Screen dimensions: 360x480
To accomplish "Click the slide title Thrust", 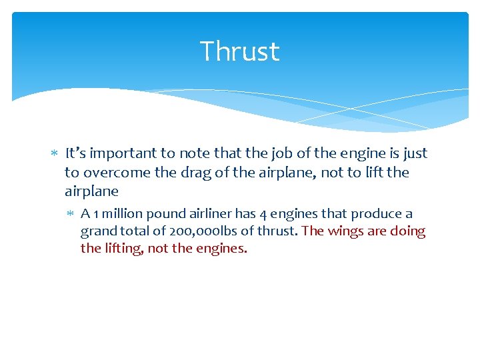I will click(x=239, y=51).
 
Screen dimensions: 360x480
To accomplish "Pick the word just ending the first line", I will click(x=414, y=153).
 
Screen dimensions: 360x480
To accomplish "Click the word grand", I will click(x=97, y=231).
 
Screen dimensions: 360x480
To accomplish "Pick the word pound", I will click(x=164, y=214).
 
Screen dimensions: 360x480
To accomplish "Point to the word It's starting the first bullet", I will click(x=75, y=153).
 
